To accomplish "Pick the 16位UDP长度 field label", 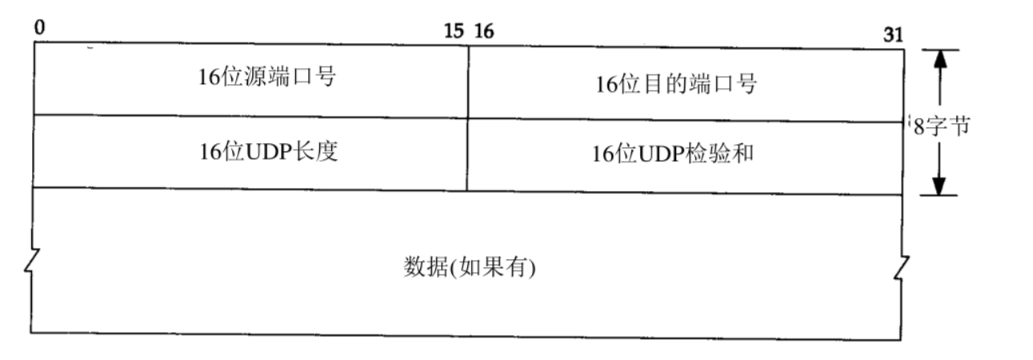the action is pyautogui.click(x=268, y=152).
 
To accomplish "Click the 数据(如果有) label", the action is pyautogui.click(x=467, y=266).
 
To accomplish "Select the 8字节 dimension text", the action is pyautogui.click(x=941, y=126).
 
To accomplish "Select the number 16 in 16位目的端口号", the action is pyautogui.click(x=605, y=84).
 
